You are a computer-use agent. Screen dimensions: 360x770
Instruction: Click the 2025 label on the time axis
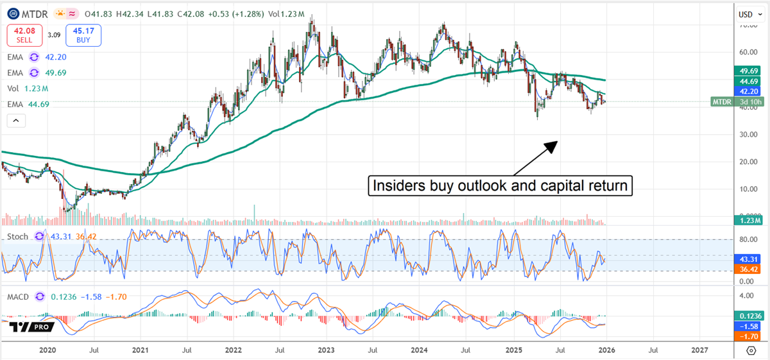pos(513,350)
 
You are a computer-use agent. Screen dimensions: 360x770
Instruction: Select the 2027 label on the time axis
pos(699,350)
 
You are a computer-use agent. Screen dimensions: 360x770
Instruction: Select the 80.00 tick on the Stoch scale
pos(746,239)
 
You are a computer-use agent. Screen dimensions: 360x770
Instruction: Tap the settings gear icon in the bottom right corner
pos(751,350)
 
